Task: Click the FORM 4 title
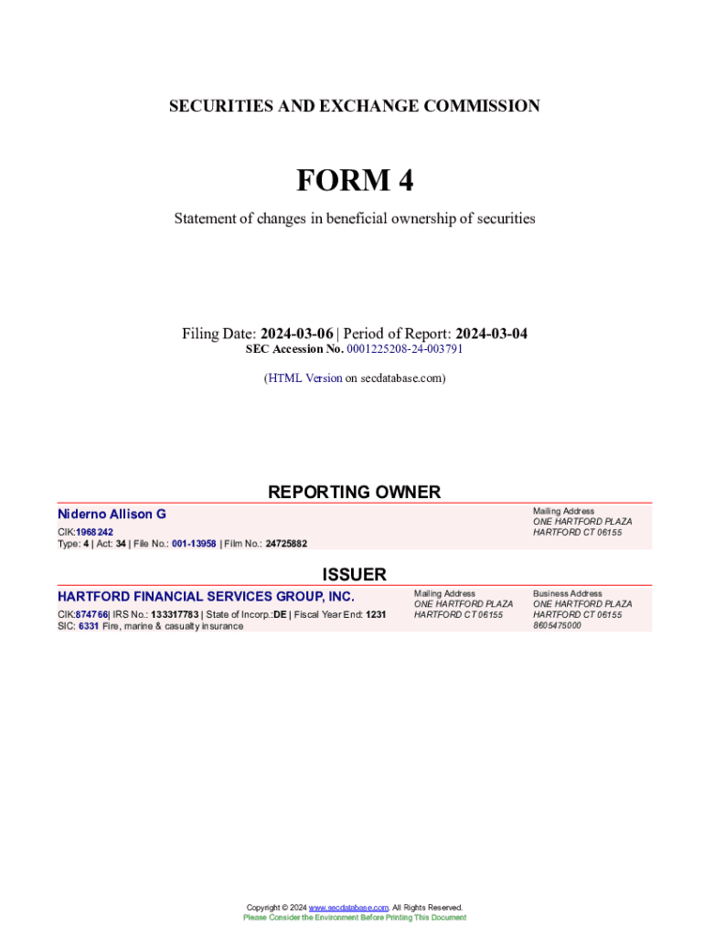pos(354,181)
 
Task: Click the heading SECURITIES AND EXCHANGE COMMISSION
pos(354,106)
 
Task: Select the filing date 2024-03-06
pos(296,334)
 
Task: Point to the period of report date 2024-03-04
pos(491,334)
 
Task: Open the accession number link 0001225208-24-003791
pos(404,349)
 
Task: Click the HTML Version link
pos(304,378)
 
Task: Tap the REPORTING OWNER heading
pos(354,492)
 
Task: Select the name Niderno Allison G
pos(112,515)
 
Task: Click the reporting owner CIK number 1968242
pos(94,532)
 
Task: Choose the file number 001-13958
pos(194,544)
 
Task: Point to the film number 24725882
pos(286,544)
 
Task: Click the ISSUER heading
pos(354,574)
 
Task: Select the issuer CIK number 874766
pos(91,614)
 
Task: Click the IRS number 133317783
pos(175,614)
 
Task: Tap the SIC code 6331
pos(88,626)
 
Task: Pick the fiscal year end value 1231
pos(376,614)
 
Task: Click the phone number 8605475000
pos(557,626)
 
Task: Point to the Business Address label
pos(568,593)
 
